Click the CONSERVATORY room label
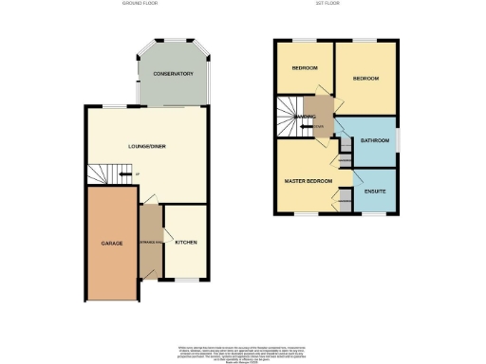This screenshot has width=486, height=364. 174,74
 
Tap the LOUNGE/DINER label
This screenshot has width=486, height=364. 147,146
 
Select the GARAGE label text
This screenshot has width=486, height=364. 112,244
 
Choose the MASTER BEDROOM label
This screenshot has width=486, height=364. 308,179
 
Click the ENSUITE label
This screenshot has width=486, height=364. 374,191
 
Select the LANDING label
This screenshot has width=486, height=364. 306,118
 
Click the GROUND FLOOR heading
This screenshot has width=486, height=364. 140,4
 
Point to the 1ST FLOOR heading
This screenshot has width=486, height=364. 328,4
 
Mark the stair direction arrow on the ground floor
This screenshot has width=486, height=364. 125,173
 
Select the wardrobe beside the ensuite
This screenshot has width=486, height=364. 343,199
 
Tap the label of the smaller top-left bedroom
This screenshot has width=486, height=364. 305,68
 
